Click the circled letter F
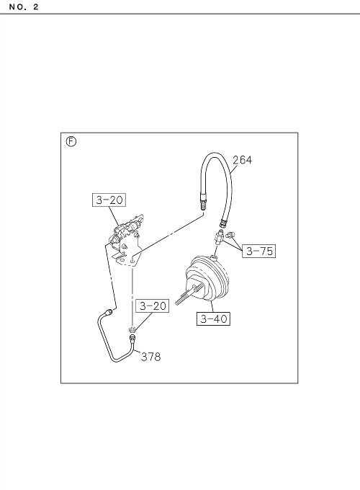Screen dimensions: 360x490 click(x=71, y=142)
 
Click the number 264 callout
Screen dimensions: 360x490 click(x=242, y=160)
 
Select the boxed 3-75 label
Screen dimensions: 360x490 click(x=259, y=251)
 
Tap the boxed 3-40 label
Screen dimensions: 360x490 click(x=214, y=318)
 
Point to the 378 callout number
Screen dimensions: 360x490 click(x=150, y=357)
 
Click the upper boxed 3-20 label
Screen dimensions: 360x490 click(x=109, y=200)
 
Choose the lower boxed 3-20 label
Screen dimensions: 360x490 click(x=153, y=306)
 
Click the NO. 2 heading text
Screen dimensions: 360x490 click(x=24, y=7)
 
